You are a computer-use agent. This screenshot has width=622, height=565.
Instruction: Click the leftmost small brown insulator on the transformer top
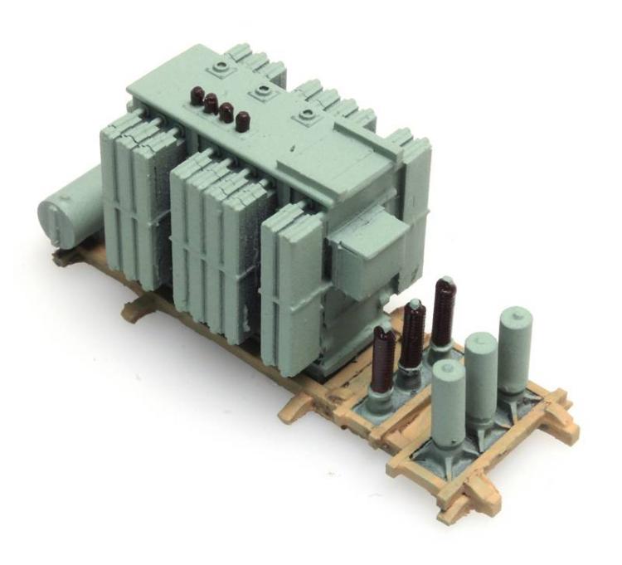coord(197,95)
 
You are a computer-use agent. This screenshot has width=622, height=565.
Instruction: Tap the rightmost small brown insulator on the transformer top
coord(242,122)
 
